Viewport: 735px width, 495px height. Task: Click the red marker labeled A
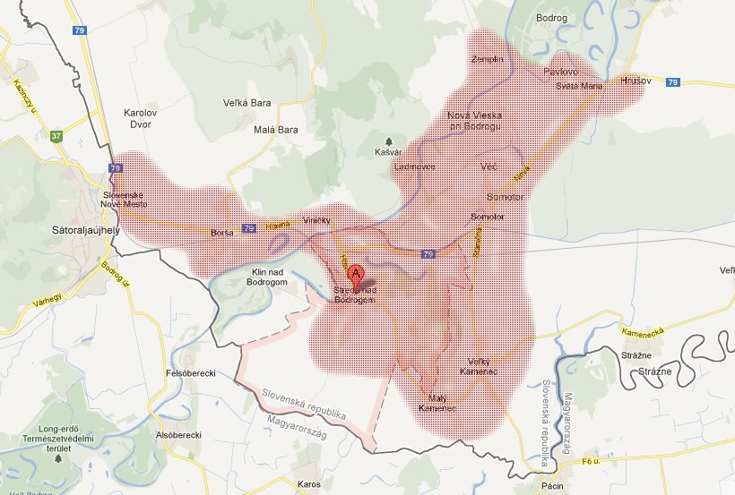coord(356,274)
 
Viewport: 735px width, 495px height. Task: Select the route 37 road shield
coord(56,137)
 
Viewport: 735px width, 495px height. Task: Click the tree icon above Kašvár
coord(387,141)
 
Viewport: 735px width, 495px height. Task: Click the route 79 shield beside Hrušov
coord(672,82)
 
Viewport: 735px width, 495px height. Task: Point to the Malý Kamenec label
coord(437,403)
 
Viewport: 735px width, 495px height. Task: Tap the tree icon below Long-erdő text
coord(59,457)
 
